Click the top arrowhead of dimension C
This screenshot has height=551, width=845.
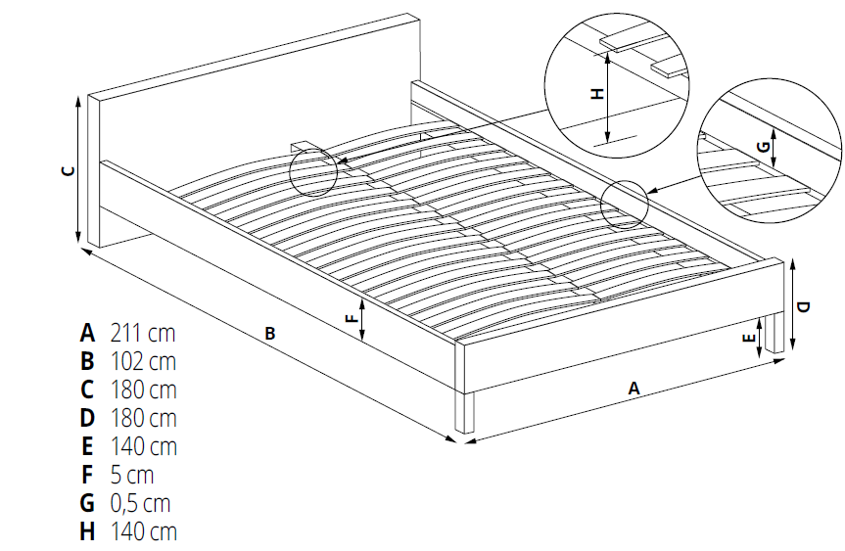click(x=78, y=97)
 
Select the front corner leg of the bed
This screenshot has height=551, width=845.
click(x=464, y=413)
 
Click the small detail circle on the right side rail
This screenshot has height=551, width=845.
click(x=624, y=204)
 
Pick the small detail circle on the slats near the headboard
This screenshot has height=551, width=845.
click(x=313, y=172)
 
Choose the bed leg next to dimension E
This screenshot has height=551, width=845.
click(x=775, y=334)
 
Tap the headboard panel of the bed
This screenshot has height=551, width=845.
click(x=254, y=129)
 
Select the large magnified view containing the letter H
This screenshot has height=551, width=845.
click(x=617, y=86)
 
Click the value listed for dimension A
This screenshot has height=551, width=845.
click(x=143, y=334)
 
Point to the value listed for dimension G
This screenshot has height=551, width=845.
click(x=140, y=503)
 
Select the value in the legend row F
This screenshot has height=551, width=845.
click(x=132, y=475)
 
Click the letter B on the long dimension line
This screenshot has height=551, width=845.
click(x=270, y=334)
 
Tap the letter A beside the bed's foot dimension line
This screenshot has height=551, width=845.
click(x=634, y=389)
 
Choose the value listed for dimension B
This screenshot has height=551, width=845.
click(x=143, y=361)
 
